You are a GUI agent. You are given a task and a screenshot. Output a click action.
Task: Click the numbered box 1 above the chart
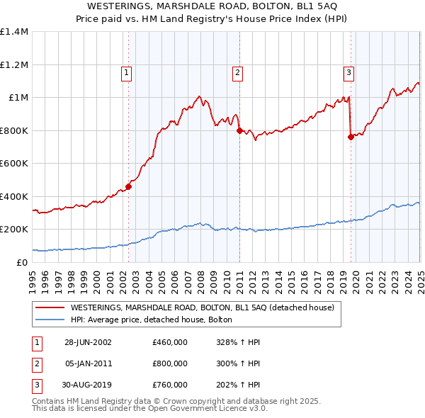(x=126, y=72)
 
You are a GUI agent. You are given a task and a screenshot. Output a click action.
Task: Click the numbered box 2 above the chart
(x=237, y=72)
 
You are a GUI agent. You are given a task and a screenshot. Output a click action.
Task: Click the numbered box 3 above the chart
(x=349, y=72)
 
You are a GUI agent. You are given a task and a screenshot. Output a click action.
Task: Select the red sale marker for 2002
(x=128, y=187)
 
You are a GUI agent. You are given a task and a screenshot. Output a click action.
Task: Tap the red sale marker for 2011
(x=239, y=130)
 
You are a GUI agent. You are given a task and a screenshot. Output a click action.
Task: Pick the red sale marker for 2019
(x=351, y=137)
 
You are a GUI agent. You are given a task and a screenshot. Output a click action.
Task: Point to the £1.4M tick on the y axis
(x=14, y=32)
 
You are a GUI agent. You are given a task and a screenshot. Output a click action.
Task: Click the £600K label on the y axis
(x=14, y=164)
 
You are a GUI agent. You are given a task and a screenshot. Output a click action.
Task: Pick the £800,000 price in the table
(x=170, y=363)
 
